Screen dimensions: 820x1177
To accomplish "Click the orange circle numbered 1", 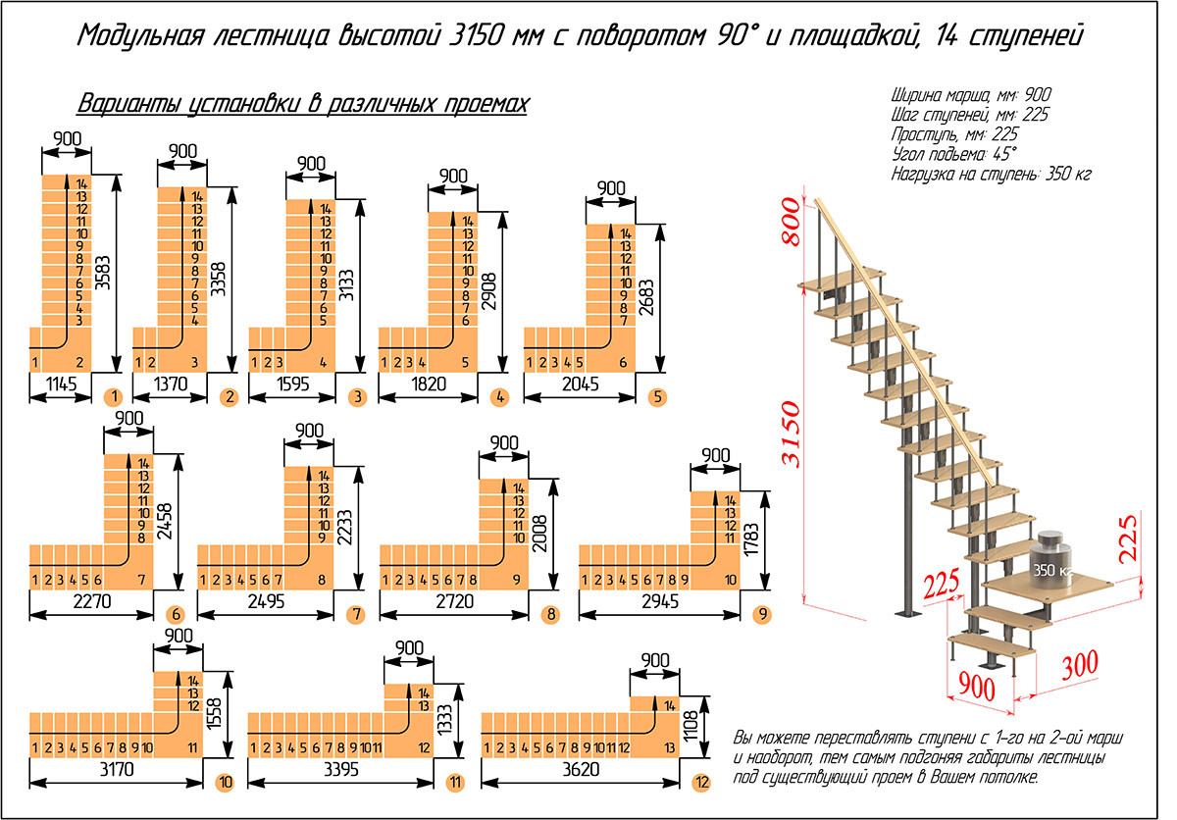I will click(x=116, y=397).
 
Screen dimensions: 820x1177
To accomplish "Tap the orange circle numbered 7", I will click(x=355, y=615).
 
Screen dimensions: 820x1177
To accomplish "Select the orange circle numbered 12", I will click(x=698, y=784).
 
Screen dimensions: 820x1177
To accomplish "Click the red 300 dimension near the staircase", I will click(x=1080, y=664).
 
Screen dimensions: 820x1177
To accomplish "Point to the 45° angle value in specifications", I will click(x=1001, y=154).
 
